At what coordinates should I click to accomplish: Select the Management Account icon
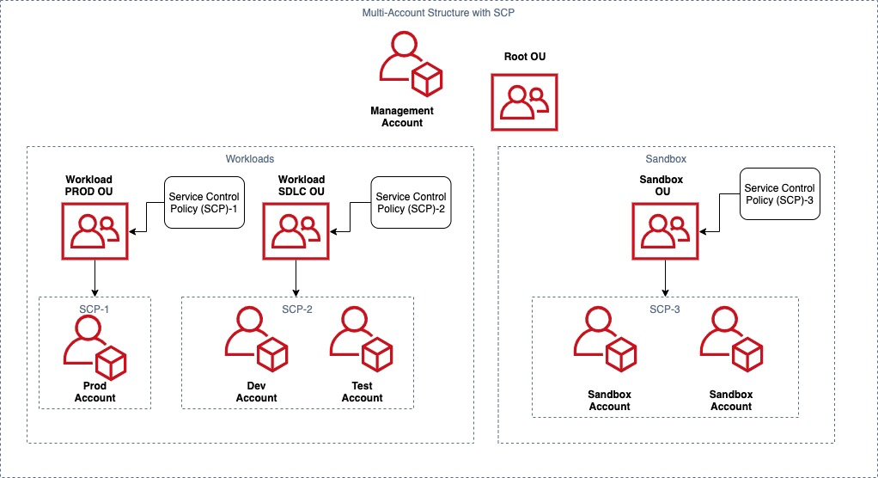click(410, 65)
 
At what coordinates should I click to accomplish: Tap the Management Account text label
click(402, 117)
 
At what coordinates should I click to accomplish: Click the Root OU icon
click(524, 102)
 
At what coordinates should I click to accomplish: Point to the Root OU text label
click(524, 58)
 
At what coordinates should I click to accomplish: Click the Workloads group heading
click(250, 159)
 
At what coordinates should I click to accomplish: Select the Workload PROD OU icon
click(94, 230)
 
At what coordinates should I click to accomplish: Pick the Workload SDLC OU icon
click(296, 230)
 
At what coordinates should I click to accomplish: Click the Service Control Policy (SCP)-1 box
click(204, 203)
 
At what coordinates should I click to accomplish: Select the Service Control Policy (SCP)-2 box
click(410, 203)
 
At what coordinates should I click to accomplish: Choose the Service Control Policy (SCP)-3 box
click(779, 194)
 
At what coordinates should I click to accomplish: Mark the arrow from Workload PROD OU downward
click(95, 279)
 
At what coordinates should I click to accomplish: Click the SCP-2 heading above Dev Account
click(296, 309)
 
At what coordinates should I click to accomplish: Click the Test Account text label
click(362, 391)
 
